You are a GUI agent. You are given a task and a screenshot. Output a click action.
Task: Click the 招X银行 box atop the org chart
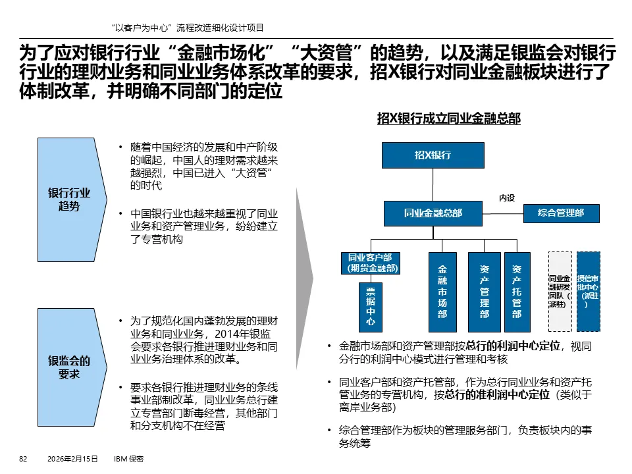tap(433, 155)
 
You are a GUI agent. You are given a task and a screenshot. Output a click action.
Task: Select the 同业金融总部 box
tap(433, 213)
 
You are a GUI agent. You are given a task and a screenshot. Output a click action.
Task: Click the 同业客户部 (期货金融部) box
tap(370, 263)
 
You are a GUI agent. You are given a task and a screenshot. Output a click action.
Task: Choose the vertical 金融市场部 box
tap(442, 291)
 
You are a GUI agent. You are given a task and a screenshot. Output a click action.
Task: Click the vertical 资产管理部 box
tap(484, 291)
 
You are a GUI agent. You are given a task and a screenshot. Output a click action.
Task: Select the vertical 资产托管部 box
tap(517, 291)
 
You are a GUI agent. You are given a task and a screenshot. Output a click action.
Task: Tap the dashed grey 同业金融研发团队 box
tap(560, 291)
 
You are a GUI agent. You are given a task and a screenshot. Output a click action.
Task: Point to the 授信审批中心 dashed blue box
tap(588, 291)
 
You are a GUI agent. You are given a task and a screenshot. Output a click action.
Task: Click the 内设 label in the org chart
tap(506, 197)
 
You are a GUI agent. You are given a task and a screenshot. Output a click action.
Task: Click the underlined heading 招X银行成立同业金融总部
tap(448, 118)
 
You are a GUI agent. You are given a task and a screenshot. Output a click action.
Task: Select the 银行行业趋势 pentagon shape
tap(69, 199)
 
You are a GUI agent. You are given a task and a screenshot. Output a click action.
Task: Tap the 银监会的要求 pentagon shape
tap(69, 367)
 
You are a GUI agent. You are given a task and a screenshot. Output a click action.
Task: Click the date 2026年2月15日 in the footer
tap(72, 458)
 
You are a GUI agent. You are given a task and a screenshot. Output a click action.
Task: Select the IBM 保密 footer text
tap(129, 458)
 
